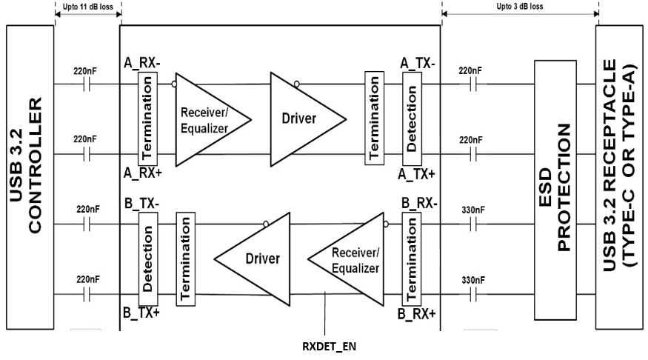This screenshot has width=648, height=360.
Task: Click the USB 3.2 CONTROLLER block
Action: [x=30, y=179]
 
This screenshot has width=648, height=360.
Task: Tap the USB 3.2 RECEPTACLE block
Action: [x=621, y=179]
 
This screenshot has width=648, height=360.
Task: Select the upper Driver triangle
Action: [x=304, y=119]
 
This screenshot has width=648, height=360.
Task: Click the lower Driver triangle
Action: [x=255, y=259]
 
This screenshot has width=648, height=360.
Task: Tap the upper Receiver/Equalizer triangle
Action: [x=208, y=119]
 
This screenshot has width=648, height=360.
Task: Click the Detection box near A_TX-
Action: [x=411, y=119]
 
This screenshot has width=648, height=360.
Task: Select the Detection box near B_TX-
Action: [x=148, y=259]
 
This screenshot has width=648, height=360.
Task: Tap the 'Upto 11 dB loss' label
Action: [x=87, y=7]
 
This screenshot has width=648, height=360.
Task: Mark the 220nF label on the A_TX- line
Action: [x=470, y=71]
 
